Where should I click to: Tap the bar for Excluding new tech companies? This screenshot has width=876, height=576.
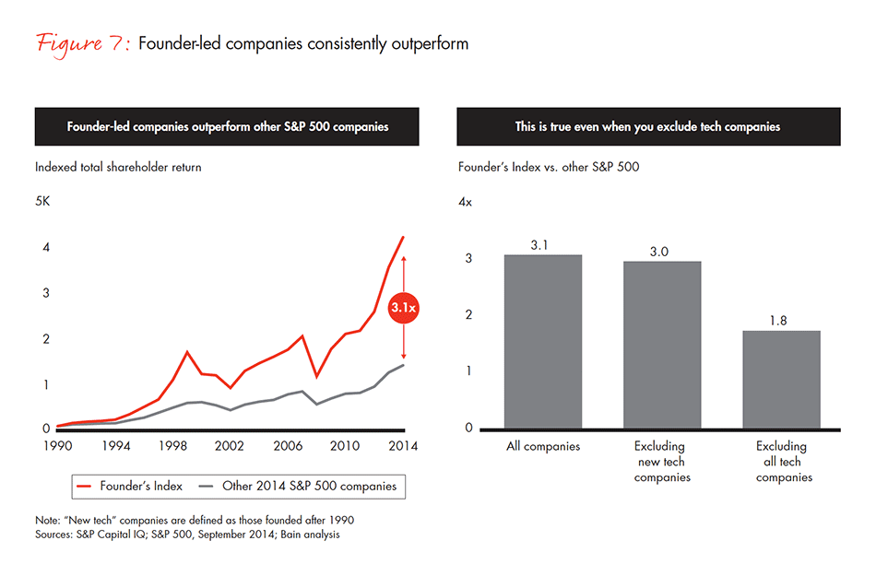click(x=662, y=345)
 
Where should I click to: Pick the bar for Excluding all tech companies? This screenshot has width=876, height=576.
click(x=781, y=379)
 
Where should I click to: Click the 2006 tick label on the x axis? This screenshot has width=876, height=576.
click(x=287, y=446)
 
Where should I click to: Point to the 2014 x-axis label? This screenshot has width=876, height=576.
click(x=402, y=446)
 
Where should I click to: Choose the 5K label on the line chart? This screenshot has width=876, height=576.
click(x=44, y=201)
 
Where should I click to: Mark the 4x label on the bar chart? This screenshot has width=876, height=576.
click(x=466, y=201)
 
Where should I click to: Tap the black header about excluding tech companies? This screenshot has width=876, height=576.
click(x=647, y=126)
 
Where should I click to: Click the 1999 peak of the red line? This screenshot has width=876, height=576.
click(x=187, y=351)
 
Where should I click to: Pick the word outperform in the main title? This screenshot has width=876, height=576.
click(x=432, y=44)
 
